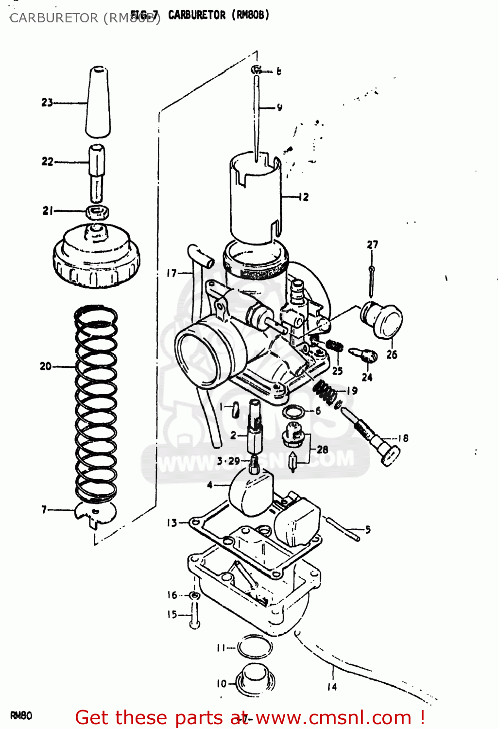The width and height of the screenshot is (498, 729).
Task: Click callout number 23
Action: tap(47, 103)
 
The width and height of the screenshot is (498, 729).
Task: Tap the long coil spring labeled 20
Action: tap(96, 403)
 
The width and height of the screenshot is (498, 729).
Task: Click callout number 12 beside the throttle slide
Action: tap(303, 197)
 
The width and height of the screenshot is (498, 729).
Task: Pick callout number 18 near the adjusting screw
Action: tap(403, 438)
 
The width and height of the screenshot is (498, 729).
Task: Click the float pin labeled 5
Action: tap(343, 528)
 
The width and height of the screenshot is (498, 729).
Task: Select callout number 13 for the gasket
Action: tap(172, 523)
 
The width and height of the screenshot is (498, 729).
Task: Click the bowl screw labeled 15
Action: tap(194, 615)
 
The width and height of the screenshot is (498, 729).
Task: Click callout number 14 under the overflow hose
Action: tap(332, 687)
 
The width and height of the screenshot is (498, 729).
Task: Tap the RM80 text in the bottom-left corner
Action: tap(21, 716)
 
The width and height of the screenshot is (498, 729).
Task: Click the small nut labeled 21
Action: tap(98, 212)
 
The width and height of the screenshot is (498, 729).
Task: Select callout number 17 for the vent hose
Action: tap(172, 273)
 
